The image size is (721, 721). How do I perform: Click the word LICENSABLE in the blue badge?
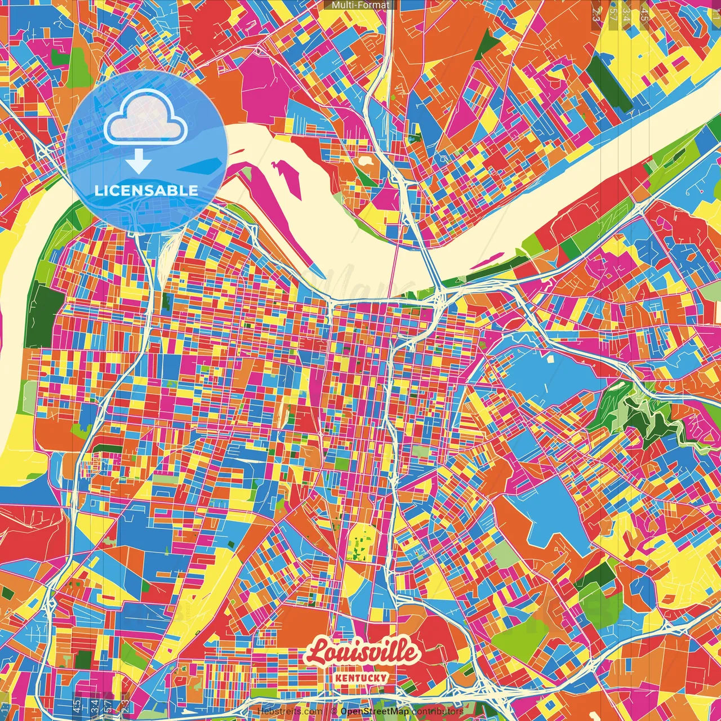tap(146, 190)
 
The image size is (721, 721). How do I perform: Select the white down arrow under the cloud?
tap(138, 162)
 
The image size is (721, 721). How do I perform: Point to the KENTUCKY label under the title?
tap(360, 678)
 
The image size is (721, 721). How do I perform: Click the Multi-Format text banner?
tap(360, 5)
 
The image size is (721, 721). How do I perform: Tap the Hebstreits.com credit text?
tap(290, 711)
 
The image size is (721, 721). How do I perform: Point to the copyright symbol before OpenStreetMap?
tap(334, 711)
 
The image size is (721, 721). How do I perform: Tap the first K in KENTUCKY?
tap(336, 678)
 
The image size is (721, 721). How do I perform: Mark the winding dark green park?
tap(642, 417)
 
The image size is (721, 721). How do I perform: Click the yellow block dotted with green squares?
tap(358, 543)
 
